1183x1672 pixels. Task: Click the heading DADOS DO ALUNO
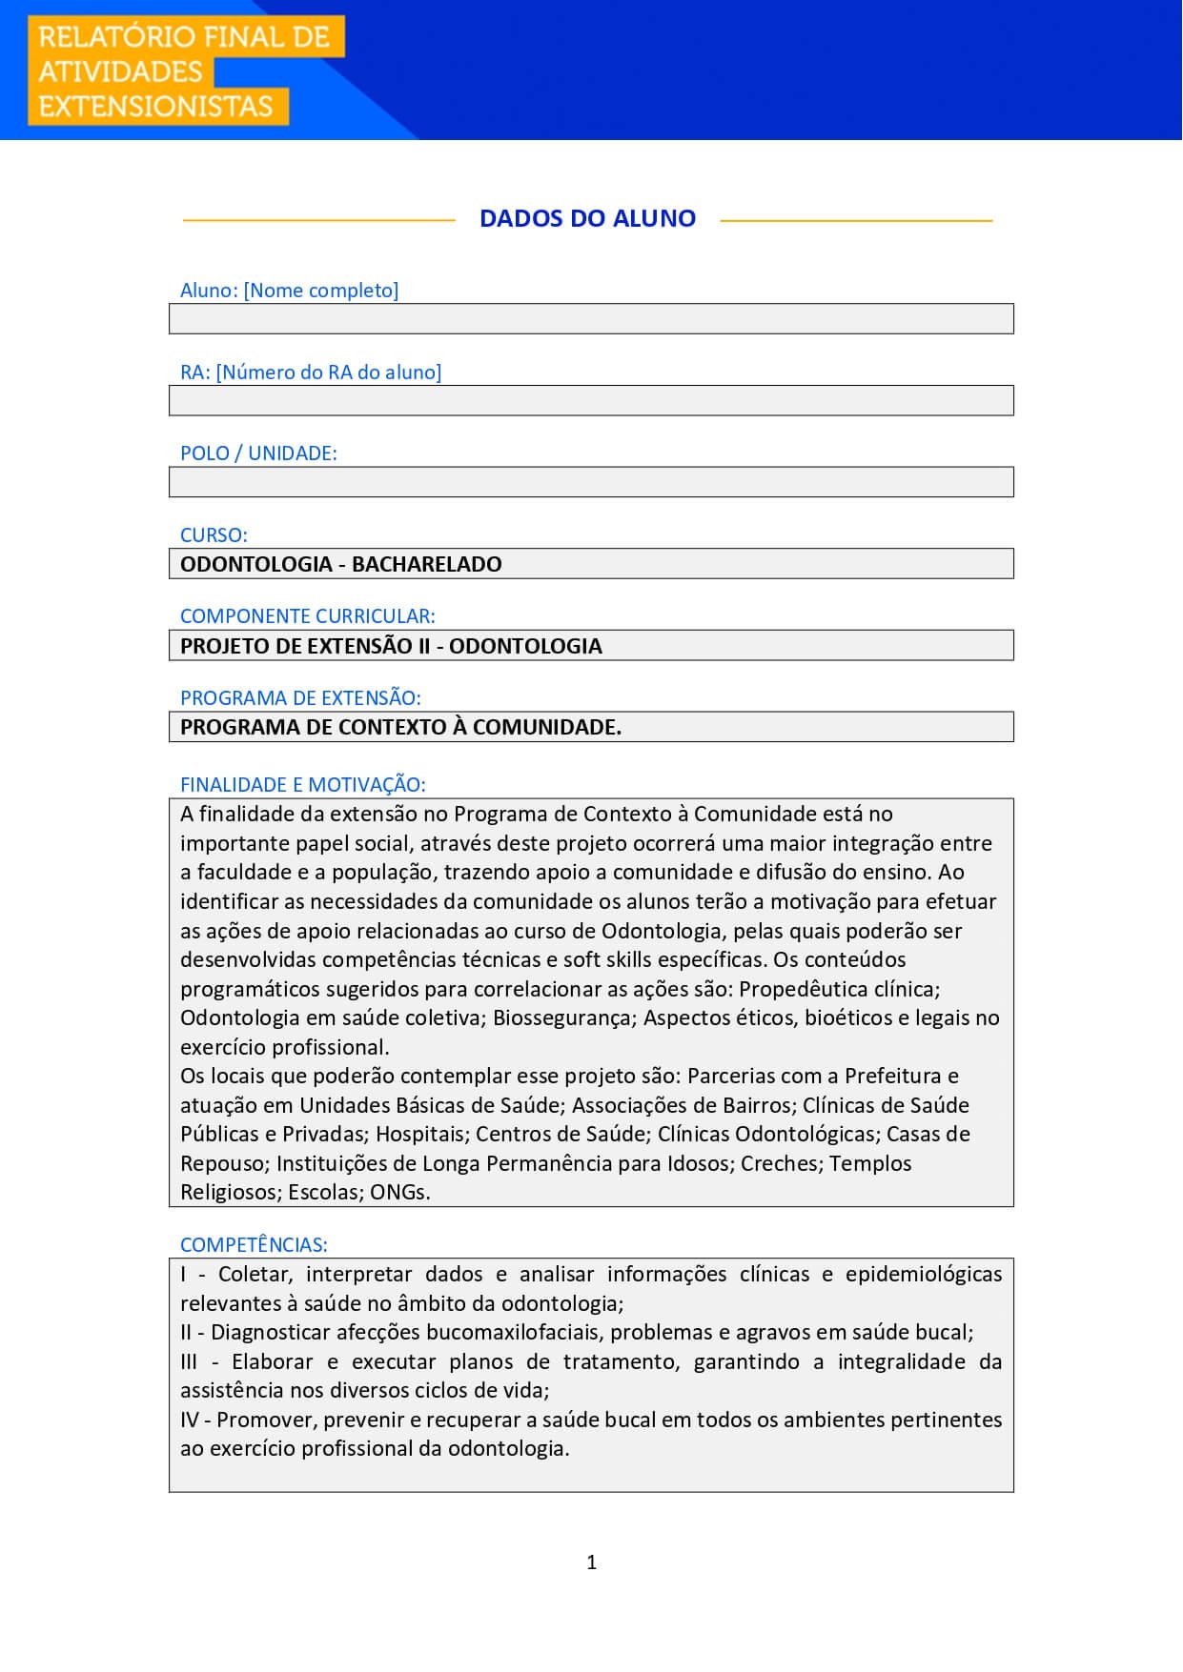[x=587, y=218]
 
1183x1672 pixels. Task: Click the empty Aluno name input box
[x=591, y=319]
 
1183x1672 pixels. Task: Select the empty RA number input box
[x=591, y=401]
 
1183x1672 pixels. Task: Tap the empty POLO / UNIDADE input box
[x=591, y=482]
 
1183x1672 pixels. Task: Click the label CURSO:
[x=214, y=535]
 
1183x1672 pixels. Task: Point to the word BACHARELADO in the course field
[x=426, y=564]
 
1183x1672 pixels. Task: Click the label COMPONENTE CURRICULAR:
[x=307, y=616]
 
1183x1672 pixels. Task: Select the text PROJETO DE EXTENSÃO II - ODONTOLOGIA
[x=391, y=646]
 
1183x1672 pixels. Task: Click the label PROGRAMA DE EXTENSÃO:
[x=300, y=698]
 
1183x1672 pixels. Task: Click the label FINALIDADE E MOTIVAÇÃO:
[x=302, y=785]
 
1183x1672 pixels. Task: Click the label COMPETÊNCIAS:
[x=254, y=1245]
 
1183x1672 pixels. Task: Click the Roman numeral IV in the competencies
[x=190, y=1420]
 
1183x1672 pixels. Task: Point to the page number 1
[x=592, y=1561]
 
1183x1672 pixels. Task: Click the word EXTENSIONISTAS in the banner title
[x=155, y=106]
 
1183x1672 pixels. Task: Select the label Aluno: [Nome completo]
[x=289, y=291]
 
